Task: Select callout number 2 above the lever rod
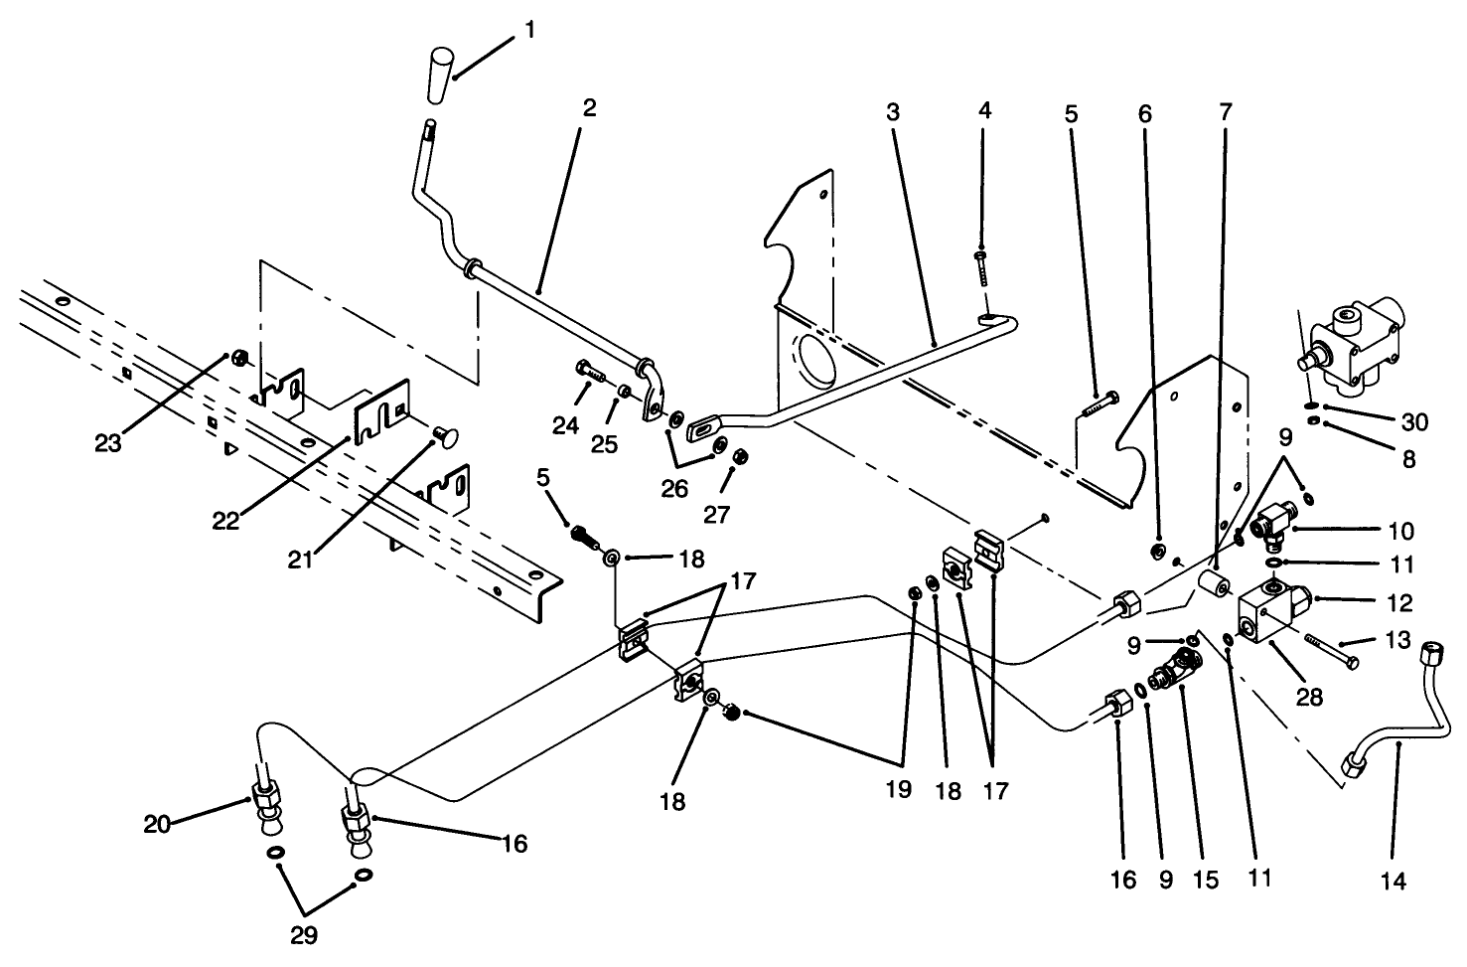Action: [x=589, y=108]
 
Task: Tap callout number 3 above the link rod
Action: [x=892, y=111]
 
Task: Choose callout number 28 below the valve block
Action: [x=1310, y=697]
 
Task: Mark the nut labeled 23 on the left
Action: [x=238, y=356]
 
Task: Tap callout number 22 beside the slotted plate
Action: [x=225, y=520]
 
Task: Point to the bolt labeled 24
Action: [x=590, y=375]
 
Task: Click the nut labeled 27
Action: [x=739, y=458]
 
